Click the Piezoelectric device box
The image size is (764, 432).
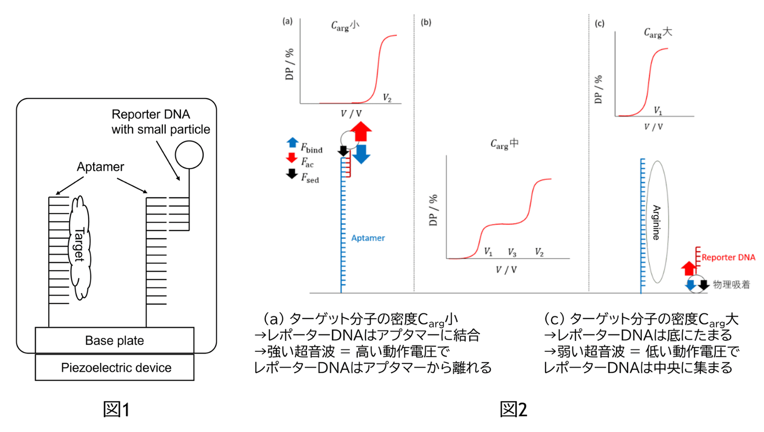[x=115, y=368]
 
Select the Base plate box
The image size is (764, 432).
[x=115, y=340]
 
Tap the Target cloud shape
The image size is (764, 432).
[x=80, y=246]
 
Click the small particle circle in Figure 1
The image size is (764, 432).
[x=189, y=154]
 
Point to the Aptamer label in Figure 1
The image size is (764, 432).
[x=100, y=167]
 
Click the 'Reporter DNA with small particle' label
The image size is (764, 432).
[x=160, y=122]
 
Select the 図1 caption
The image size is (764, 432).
[x=117, y=410]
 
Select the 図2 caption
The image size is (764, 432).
[x=513, y=410]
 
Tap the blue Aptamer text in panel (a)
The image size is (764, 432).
[x=368, y=238]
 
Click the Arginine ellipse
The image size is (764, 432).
[x=657, y=222]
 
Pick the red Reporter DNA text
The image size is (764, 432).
[x=728, y=257]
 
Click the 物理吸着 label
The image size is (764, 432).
[x=731, y=285]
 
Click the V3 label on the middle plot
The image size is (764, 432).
[x=512, y=252]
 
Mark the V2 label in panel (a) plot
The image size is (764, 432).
[x=387, y=98]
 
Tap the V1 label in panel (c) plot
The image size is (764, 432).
[x=658, y=111]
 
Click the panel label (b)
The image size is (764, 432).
[x=426, y=22]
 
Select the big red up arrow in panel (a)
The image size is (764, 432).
[x=361, y=131]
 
